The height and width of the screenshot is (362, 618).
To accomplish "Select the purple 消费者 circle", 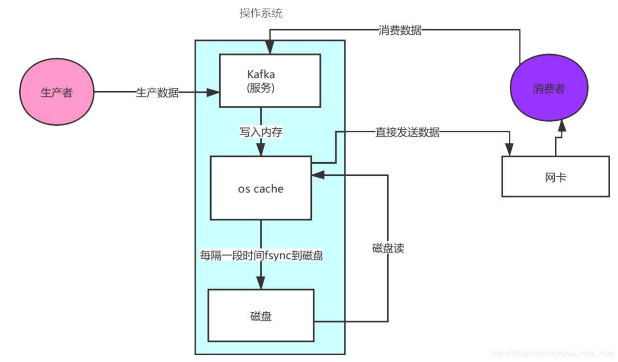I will point(549,89).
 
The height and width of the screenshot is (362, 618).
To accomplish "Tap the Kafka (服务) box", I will point(270,80).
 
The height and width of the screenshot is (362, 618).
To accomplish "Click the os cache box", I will point(261,189).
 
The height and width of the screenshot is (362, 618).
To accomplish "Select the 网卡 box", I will point(555,177).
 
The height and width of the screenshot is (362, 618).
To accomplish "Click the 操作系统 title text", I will point(261,14).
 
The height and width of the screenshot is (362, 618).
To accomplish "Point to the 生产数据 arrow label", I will point(157,93).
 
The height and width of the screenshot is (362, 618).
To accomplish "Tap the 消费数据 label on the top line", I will point(400,31).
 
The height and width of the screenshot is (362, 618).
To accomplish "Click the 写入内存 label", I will point(261,132).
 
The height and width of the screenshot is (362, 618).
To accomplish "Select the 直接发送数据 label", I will point(407,132).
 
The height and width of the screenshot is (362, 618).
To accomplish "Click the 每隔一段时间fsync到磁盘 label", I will point(261,255).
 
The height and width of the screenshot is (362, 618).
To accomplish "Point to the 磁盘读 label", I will point(388,248).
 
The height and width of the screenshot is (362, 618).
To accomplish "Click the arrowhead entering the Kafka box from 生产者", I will point(214,92).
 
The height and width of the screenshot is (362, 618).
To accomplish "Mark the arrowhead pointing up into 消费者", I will point(561,127).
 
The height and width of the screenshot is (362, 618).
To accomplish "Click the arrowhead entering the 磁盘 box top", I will point(261,284).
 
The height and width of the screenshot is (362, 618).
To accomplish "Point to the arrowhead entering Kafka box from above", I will point(269,48).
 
